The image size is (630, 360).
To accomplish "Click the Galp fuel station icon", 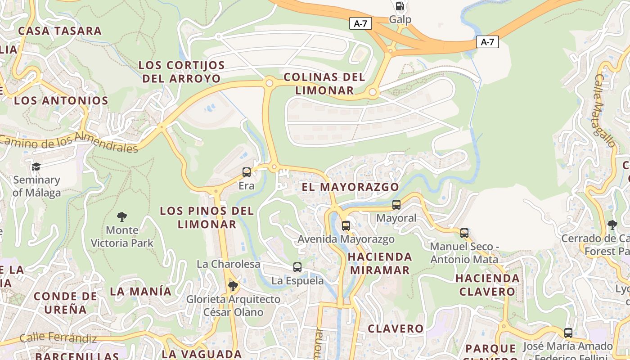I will (x=400, y=6).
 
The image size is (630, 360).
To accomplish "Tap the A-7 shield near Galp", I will (x=360, y=23).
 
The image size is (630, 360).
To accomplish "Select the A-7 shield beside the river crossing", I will (x=487, y=42).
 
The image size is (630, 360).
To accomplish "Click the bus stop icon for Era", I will (x=247, y=172).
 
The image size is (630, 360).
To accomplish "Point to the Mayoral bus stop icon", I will (x=396, y=204).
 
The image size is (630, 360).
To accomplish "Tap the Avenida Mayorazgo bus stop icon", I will (x=346, y=225).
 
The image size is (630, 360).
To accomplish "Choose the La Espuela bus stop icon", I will (x=297, y=267).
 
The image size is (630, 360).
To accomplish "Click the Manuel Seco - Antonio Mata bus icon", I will (x=464, y=233).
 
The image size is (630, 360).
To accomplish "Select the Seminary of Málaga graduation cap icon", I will (x=36, y=167).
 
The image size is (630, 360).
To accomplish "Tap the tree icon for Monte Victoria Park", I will (x=122, y=217).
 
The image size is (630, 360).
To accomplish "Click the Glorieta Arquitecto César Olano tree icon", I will (x=233, y=286).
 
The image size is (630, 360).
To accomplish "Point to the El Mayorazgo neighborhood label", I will (x=351, y=187).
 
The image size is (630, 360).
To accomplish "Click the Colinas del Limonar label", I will (x=324, y=83).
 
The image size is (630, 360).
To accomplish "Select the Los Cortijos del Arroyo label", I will (x=182, y=72).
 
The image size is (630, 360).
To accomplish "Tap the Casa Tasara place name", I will (x=60, y=31).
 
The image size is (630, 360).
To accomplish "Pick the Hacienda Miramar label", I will (x=380, y=263).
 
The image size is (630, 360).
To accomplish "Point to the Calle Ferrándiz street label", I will (x=58, y=337).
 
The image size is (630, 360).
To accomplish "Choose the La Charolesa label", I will (x=228, y=264).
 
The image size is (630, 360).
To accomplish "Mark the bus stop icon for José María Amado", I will (x=568, y=333).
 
